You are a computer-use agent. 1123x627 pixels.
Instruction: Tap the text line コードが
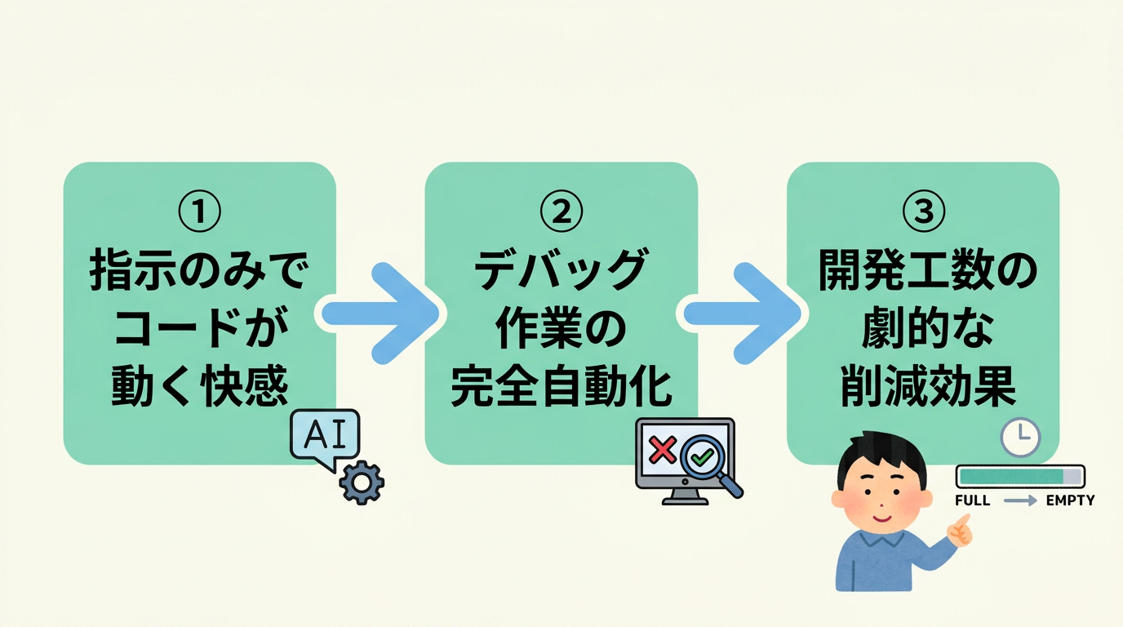coord(199,331)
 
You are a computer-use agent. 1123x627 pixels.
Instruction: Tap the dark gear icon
coord(362,483)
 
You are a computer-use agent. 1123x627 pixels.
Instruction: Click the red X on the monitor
coord(662,450)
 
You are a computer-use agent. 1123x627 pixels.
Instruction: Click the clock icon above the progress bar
coord(1020,438)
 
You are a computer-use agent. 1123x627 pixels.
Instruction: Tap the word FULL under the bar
coord(972,500)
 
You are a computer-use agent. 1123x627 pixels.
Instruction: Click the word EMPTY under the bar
coord(1070,500)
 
